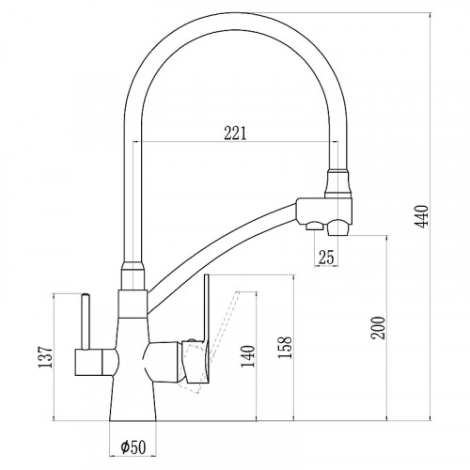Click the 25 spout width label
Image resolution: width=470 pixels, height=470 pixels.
click(x=326, y=257)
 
